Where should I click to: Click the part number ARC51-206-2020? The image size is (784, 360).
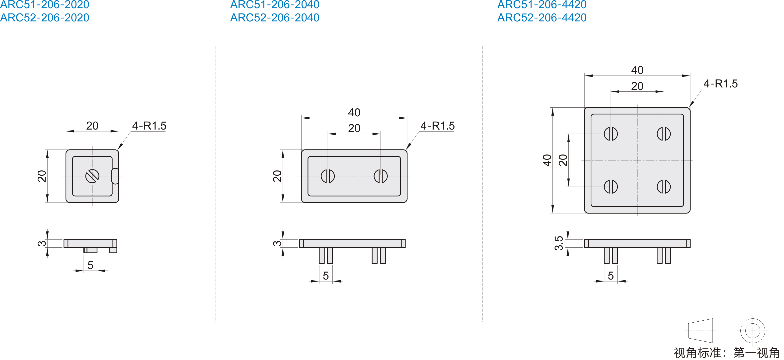pos(44,4)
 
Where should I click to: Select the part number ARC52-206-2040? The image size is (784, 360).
pos(275,18)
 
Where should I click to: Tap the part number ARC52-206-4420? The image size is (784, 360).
pos(542,18)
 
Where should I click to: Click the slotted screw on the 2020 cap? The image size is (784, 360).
pos(92,176)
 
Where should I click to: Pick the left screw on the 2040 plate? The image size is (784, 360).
pos(328,176)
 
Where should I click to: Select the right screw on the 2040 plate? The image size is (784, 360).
pos(381,176)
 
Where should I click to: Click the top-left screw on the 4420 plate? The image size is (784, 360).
pos(611,134)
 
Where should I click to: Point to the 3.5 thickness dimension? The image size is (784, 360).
pos(559,243)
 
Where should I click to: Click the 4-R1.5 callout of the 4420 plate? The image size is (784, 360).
pos(720,83)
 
